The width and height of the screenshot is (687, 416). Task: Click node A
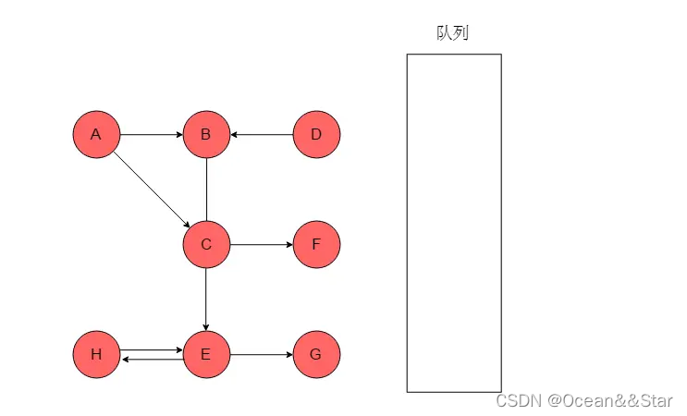click(x=96, y=135)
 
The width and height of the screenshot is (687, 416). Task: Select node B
click(x=206, y=135)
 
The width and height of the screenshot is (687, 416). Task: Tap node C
click(x=206, y=245)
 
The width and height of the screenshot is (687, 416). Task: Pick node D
click(x=316, y=135)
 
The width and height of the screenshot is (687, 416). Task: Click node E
click(x=206, y=355)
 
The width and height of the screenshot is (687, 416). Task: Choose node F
click(x=316, y=245)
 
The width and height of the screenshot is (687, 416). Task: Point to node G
click(x=316, y=355)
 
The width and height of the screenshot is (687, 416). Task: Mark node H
click(x=96, y=355)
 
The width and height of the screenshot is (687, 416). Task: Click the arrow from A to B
click(x=151, y=135)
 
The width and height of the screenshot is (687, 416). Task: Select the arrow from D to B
click(x=262, y=135)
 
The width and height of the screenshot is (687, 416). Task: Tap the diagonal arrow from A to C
click(x=151, y=190)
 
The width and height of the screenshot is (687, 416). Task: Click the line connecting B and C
click(x=206, y=190)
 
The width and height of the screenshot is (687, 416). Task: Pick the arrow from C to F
click(x=262, y=245)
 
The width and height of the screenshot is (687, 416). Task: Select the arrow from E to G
click(x=262, y=355)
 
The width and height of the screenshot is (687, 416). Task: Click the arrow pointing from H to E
click(x=151, y=350)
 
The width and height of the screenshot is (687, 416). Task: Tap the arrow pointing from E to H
click(x=151, y=360)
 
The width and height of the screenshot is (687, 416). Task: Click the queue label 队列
click(x=453, y=33)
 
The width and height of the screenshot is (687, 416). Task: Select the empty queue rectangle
click(x=454, y=222)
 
